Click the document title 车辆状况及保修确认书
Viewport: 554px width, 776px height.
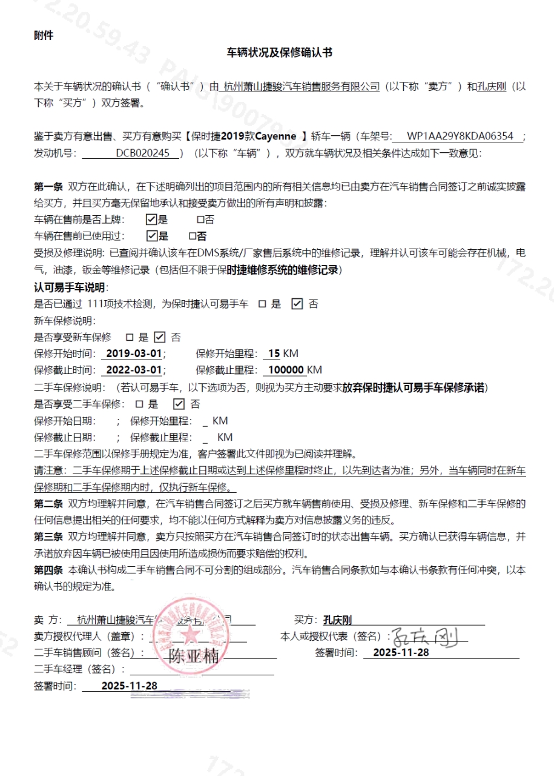pos(279,53)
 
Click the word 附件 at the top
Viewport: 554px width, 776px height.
pos(44,35)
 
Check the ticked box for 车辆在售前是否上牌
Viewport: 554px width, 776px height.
pos(151,219)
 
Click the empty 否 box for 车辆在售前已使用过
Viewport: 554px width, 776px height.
pos(193,236)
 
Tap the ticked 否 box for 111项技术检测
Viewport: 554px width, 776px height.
pos(297,304)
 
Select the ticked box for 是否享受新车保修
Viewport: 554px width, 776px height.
pos(159,337)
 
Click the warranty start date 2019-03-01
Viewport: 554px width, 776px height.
pos(134,353)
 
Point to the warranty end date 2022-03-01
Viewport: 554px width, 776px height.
pos(134,370)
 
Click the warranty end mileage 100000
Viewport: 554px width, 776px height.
pos(285,370)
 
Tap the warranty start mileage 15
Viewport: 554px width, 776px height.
pos(274,353)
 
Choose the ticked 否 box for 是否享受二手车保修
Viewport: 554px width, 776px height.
pos(179,404)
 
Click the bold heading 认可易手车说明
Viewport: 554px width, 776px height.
pos(70,287)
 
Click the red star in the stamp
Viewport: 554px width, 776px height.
pos(192,635)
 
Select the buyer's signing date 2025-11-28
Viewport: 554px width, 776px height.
pos(401,652)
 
